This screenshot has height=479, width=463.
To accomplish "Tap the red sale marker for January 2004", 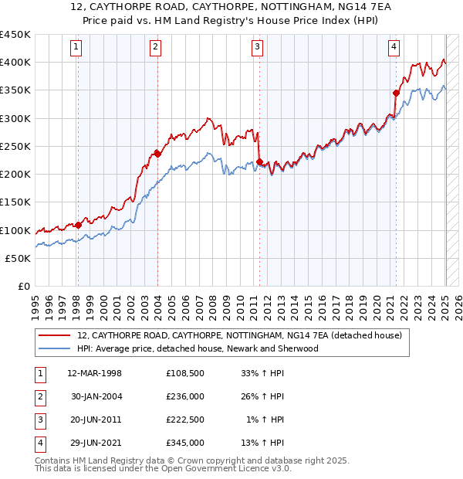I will pos(157,153).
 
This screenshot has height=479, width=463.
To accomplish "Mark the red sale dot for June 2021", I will pos(396,93).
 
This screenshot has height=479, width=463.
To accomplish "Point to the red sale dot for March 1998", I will pos(78,225).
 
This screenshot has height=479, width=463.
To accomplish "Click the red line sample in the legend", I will pos(55,336).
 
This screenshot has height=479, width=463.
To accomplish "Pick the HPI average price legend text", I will pos(198,348).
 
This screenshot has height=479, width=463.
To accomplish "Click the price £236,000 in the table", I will pos(185,396).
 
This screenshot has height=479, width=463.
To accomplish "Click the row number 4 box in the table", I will pos(39,443).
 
